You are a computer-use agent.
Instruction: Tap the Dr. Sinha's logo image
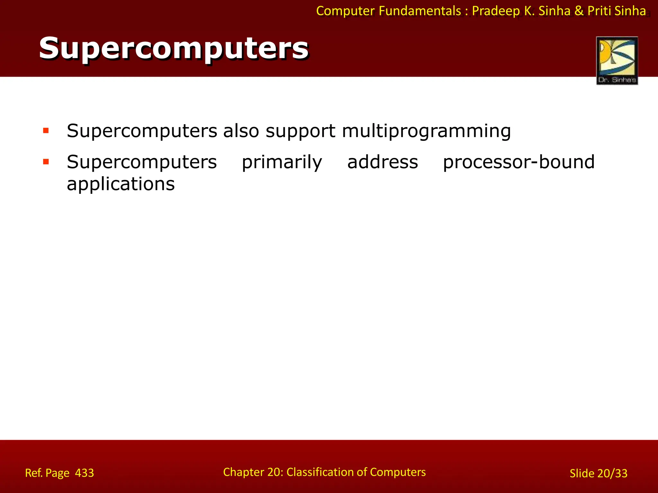coord(617,60)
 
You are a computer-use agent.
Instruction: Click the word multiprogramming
coord(426,131)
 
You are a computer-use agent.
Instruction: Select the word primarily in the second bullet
coord(282,162)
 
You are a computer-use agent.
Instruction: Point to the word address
coord(382,162)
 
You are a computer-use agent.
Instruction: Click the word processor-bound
coord(519,162)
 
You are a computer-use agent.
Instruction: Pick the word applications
coord(120,184)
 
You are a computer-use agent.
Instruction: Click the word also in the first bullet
coord(241,131)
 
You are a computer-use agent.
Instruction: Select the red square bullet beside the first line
coord(46,131)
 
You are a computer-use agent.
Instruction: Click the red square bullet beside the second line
coord(46,162)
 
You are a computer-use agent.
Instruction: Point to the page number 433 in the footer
coord(84,473)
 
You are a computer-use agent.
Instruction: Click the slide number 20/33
coord(612,473)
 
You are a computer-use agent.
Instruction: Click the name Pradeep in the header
coord(496,11)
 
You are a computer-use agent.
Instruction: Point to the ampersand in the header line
coord(579,11)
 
